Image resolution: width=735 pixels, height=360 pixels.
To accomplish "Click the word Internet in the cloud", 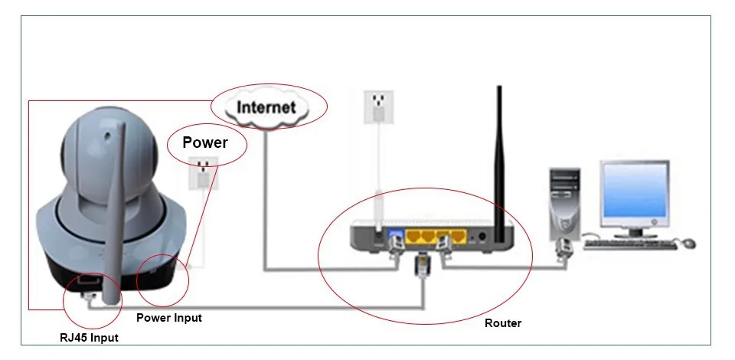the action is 266,107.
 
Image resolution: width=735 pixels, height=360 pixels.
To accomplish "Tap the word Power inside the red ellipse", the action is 205,142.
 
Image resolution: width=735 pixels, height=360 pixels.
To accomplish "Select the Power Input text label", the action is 168,318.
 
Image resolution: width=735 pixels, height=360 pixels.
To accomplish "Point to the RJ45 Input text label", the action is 89,338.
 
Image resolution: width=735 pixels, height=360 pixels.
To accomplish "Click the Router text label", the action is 503,323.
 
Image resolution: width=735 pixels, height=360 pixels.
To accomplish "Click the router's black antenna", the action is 500,164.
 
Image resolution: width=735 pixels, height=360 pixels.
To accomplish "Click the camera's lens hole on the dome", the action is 108,137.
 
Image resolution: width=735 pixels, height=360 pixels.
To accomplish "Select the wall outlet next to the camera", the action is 204,173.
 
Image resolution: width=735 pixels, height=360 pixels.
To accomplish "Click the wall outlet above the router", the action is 378,107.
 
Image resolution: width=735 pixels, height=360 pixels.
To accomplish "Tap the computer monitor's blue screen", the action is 635,191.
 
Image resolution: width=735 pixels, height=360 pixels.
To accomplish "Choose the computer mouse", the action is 688,244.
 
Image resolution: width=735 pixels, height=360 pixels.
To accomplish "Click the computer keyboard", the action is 630,244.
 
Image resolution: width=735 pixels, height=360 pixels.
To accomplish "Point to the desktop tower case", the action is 565,205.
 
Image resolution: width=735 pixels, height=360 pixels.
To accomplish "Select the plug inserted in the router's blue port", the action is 396,246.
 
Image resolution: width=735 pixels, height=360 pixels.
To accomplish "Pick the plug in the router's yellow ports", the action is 443,246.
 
